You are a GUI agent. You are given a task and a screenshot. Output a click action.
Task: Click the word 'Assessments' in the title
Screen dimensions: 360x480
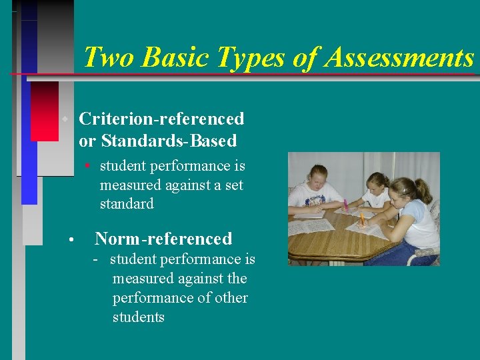pos(399,57)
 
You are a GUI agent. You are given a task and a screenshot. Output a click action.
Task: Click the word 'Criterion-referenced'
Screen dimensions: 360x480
pos(161,119)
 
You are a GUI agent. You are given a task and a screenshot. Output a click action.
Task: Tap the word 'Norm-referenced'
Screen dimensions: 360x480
pos(163,238)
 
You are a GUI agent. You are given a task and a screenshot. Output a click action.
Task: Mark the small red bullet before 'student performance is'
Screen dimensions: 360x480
pos(87,165)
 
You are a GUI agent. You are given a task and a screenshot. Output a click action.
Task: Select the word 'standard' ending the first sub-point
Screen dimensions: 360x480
pos(127,203)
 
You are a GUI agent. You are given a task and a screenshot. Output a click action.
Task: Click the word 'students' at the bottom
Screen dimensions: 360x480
pos(138,317)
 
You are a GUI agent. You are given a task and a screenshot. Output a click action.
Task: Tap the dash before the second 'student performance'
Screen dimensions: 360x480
pos(97,259)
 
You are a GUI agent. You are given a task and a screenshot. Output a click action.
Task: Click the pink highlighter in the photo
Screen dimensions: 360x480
pos(345,205)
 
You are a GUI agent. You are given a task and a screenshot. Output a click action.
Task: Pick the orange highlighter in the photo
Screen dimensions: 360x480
pos(361,218)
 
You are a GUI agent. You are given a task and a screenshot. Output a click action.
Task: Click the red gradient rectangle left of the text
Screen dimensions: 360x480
pos(45,111)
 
